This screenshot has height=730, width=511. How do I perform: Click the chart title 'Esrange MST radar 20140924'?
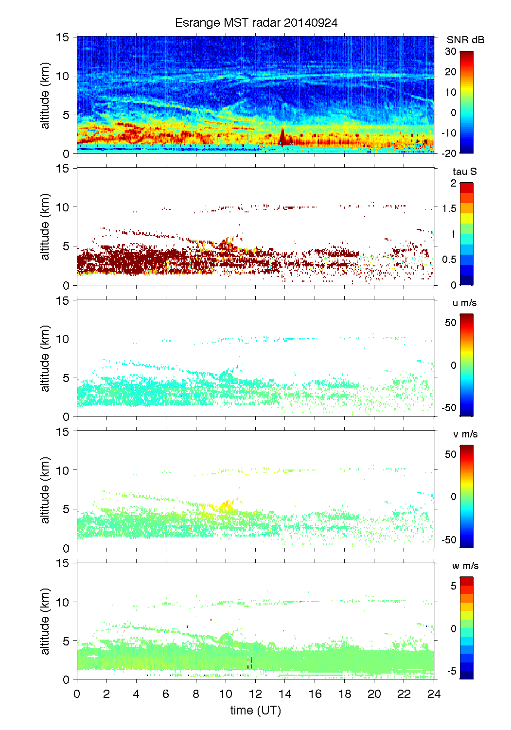point(256,23)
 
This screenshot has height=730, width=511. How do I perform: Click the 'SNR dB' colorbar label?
point(465,40)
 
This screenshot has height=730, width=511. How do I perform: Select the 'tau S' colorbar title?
point(464,172)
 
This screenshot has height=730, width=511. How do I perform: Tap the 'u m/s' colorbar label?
point(464,303)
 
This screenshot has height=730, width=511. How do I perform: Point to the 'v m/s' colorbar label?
point(465,434)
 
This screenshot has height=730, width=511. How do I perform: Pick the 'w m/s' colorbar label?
point(465,566)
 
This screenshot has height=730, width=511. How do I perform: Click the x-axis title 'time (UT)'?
point(256,710)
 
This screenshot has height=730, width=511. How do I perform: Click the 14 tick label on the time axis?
point(285,694)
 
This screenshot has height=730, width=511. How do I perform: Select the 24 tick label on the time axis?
point(434,694)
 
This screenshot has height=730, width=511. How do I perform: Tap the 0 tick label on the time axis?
point(77,694)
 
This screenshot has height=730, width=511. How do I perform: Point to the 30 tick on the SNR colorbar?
point(451,52)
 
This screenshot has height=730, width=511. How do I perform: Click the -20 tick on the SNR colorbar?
point(449,153)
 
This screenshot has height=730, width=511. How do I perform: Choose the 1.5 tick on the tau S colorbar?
point(449,209)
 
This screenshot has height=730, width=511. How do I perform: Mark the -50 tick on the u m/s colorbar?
point(449,408)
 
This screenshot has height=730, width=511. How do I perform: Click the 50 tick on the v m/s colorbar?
point(451,454)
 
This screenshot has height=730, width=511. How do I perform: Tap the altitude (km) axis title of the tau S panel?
point(45,226)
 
